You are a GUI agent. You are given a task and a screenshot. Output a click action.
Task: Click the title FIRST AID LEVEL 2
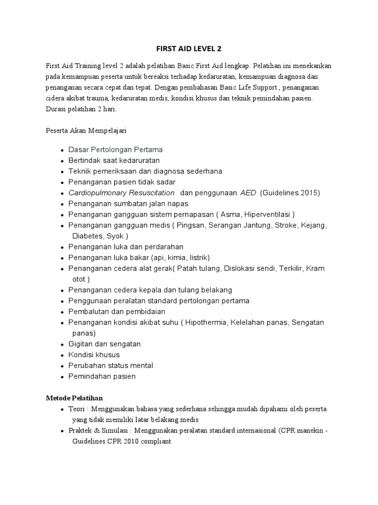(189, 49)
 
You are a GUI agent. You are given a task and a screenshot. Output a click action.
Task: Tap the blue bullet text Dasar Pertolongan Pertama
(116, 149)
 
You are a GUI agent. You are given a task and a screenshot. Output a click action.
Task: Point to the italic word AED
(248, 193)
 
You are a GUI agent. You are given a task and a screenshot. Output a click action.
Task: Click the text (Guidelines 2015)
(290, 193)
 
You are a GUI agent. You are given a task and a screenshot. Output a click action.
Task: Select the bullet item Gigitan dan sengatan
(104, 344)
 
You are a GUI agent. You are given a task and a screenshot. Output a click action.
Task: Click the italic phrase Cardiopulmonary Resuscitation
(122, 193)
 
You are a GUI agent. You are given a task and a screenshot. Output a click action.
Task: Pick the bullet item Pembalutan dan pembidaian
(117, 312)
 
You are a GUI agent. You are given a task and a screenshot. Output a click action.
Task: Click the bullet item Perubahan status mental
(111, 365)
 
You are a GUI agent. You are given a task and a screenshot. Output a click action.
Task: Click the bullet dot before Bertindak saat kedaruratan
(62, 161)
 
